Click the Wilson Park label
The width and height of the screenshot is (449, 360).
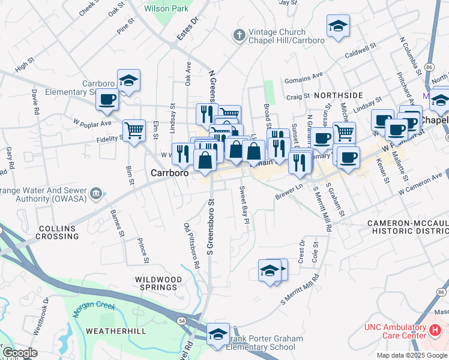[x=166, y=8]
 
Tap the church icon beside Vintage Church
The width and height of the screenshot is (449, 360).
[x=239, y=35]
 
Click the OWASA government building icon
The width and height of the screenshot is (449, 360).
[x=96, y=193]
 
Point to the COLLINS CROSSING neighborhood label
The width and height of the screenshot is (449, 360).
[x=58, y=232]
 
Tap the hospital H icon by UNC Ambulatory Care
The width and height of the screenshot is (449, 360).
[x=436, y=329]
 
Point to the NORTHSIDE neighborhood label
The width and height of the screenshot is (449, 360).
[x=338, y=95]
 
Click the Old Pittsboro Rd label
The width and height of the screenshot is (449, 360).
[x=191, y=245]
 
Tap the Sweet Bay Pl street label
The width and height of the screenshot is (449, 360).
[x=244, y=205]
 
